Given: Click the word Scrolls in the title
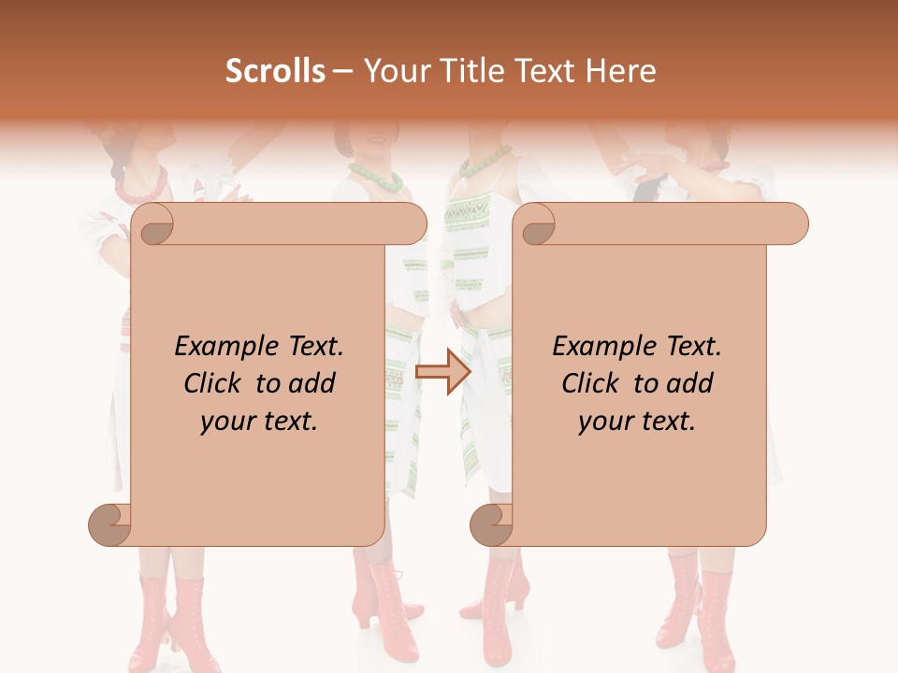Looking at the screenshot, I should pyautogui.click(x=275, y=71).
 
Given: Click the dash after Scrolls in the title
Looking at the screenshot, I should pyautogui.click(x=342, y=72).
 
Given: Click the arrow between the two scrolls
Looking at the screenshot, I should pyautogui.click(x=442, y=371).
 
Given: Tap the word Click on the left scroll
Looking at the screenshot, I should pyautogui.click(x=216, y=384).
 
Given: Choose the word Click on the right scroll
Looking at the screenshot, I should pyautogui.click(x=594, y=384).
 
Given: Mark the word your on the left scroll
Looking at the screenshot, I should pyautogui.click(x=228, y=422).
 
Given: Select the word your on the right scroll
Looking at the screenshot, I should pyautogui.click(x=606, y=422).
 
